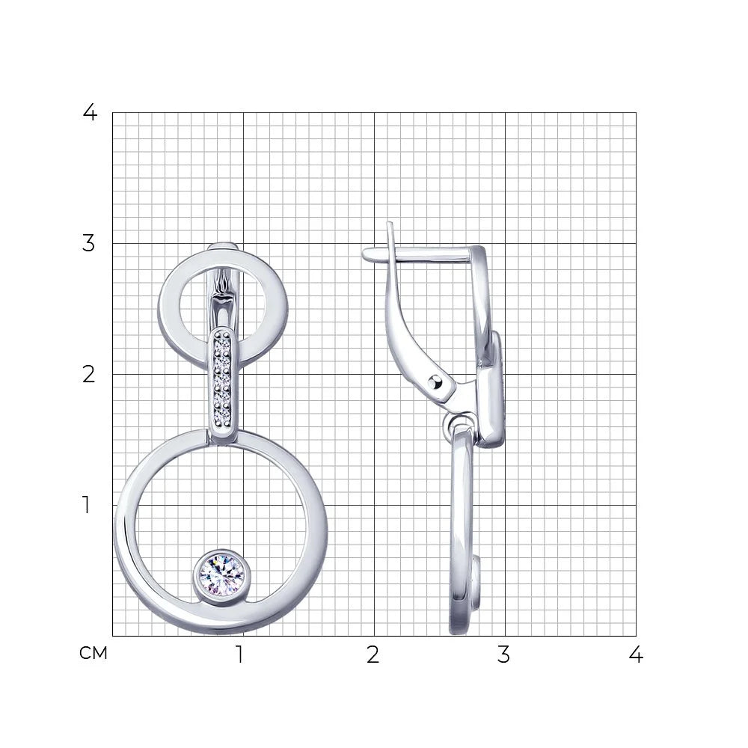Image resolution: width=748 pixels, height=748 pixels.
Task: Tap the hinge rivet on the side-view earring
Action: pos(435,382)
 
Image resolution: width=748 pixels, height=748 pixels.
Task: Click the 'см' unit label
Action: pos(93,653)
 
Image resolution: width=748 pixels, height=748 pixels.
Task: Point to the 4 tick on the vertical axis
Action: pos(91,113)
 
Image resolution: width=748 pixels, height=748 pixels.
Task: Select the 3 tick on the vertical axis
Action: pos(89,243)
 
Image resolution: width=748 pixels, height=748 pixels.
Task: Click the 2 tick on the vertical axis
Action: pos(89,375)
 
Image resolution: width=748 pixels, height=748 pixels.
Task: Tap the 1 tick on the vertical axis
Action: pos(86,505)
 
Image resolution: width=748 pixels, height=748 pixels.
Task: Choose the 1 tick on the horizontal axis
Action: pos(240,654)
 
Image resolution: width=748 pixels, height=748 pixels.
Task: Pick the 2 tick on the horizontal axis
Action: pos(373,654)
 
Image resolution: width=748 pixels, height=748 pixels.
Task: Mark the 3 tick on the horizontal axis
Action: pos(503,654)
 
